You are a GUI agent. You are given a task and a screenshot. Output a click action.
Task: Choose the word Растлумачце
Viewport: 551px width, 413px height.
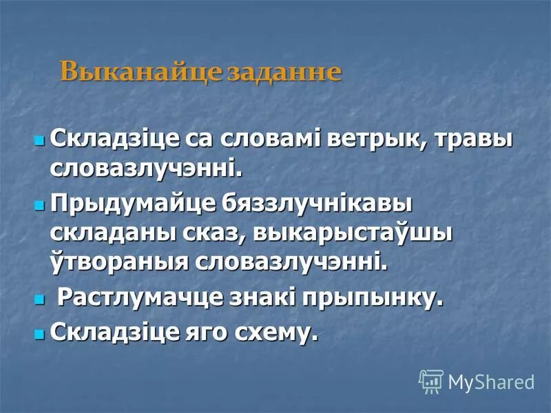(x=136, y=299)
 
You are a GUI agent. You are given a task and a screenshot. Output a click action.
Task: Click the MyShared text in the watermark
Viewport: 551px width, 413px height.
(x=491, y=381)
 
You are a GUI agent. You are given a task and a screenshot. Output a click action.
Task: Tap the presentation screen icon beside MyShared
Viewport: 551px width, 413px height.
(x=431, y=381)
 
